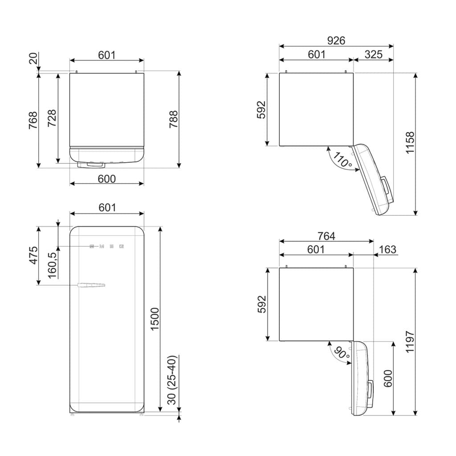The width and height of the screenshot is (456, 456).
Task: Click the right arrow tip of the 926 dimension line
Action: click(x=393, y=46)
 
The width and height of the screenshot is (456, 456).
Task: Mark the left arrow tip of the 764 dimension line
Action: click(x=280, y=241)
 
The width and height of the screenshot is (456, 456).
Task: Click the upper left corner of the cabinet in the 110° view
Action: click(x=280, y=73)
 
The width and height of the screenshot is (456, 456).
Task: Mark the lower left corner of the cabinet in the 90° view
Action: click(x=280, y=341)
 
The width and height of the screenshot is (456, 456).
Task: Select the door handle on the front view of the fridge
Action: click(x=91, y=285)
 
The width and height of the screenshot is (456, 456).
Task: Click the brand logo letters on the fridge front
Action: click(x=107, y=247)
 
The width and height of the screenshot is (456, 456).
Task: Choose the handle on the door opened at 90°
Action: click(x=370, y=389)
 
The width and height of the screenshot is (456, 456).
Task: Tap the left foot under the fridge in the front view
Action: click(x=72, y=415)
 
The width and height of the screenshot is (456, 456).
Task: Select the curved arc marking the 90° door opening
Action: click(x=334, y=355)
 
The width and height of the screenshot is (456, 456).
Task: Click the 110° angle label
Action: click(x=342, y=160)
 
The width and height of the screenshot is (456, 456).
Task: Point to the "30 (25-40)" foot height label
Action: click(x=172, y=380)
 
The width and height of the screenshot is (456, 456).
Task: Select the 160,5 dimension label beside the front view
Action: click(x=53, y=265)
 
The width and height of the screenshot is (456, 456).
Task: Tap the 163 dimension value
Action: click(x=388, y=249)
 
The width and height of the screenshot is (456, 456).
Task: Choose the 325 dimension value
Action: click(x=374, y=54)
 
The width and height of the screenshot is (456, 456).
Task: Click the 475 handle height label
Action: click(x=33, y=255)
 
